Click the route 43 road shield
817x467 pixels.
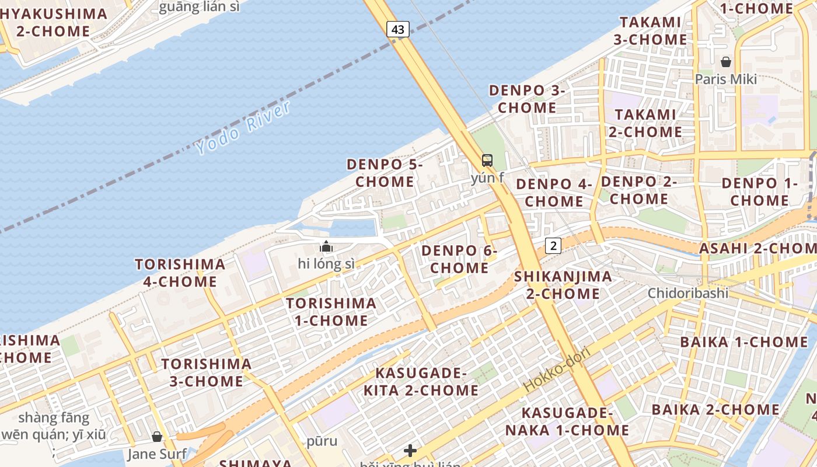tap(397, 29)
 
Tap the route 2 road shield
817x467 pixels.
tap(553, 246)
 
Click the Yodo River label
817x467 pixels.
tap(243, 127)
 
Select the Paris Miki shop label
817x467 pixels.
tap(725, 79)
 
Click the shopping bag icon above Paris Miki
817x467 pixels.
tap(726, 61)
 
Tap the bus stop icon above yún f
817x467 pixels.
tap(487, 160)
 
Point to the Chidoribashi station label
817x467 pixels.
tap(687, 292)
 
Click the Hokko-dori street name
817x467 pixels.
tap(557, 369)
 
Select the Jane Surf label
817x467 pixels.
tap(158, 454)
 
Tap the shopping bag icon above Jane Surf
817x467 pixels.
tap(157, 436)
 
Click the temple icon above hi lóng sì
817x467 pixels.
tap(326, 246)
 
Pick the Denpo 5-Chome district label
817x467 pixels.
tap(385, 173)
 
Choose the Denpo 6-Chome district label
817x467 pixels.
tap(459, 259)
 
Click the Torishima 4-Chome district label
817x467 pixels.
tap(180, 273)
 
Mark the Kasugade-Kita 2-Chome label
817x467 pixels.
tap(421, 382)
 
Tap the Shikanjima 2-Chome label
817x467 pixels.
tap(563, 285)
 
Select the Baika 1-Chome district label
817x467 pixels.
tap(743, 342)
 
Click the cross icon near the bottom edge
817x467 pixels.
tap(410, 450)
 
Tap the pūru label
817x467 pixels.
tap(322, 441)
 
